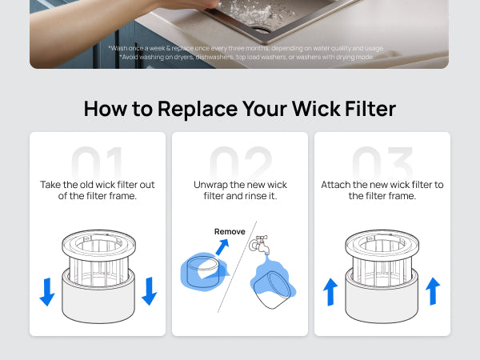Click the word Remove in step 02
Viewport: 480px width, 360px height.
coord(230,231)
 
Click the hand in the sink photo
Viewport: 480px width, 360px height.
coord(184,6)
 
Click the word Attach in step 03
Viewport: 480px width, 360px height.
coord(336,185)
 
